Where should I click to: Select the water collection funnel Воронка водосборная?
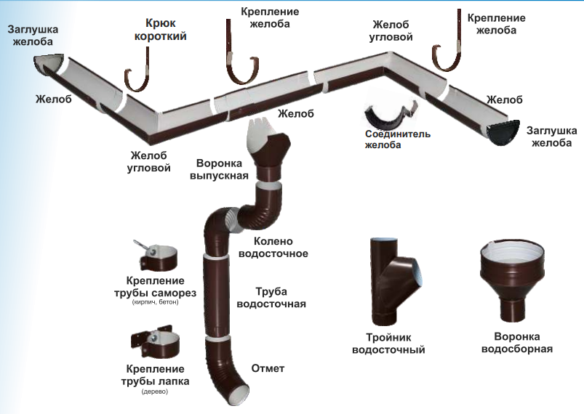513,276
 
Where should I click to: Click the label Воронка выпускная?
219,169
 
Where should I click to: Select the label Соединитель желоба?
398,139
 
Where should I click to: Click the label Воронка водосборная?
523,343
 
